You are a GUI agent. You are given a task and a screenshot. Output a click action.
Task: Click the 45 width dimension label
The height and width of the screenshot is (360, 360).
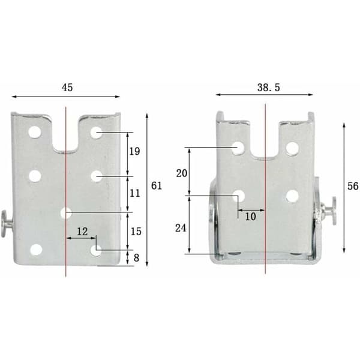pyautogui.click(x=67, y=88)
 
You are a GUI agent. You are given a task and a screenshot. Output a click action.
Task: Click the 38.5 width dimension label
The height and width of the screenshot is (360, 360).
pyautogui.click(x=269, y=88)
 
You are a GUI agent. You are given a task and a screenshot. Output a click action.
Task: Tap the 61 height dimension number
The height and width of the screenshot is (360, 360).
pyautogui.click(x=157, y=186)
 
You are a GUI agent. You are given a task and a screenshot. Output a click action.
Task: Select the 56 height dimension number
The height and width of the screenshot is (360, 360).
pyautogui.click(x=353, y=186)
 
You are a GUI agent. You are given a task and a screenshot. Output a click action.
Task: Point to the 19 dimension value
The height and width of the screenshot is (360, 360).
pyautogui.click(x=134, y=152)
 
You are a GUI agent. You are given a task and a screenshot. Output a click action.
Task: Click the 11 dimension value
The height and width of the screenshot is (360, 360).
pyautogui.click(x=135, y=193)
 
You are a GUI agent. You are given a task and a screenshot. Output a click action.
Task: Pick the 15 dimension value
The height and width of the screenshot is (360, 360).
pyautogui.click(x=136, y=232)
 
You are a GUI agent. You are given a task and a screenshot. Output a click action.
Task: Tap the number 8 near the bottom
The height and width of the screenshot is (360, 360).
pyautogui.click(x=136, y=258)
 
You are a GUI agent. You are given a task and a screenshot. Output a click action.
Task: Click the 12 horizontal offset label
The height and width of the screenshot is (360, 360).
pyautogui.click(x=82, y=232)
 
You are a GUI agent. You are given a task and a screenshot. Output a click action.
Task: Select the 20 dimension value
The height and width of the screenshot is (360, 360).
pyautogui.click(x=182, y=173)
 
